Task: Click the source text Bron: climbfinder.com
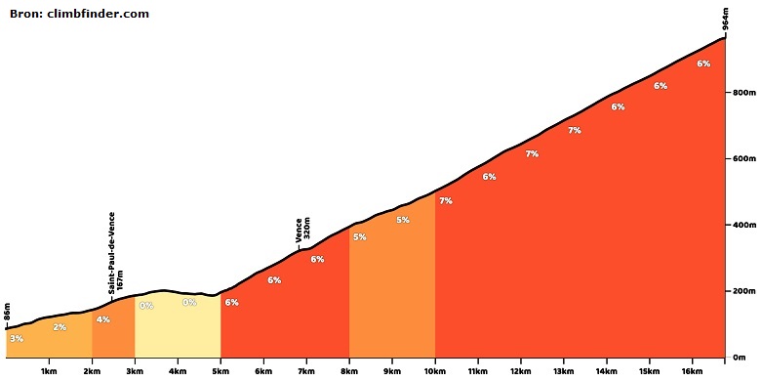click(x=79, y=14)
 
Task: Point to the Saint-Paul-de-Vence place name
click(x=111, y=253)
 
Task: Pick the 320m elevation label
click(x=307, y=231)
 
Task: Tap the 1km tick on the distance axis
click(x=49, y=372)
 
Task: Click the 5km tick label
click(x=220, y=372)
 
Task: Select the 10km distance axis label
click(x=435, y=372)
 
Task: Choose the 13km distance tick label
click(x=564, y=372)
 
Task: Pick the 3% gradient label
click(x=17, y=339)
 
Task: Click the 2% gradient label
click(x=60, y=327)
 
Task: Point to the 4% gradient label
click(x=102, y=319)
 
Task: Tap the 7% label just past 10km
click(x=446, y=200)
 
